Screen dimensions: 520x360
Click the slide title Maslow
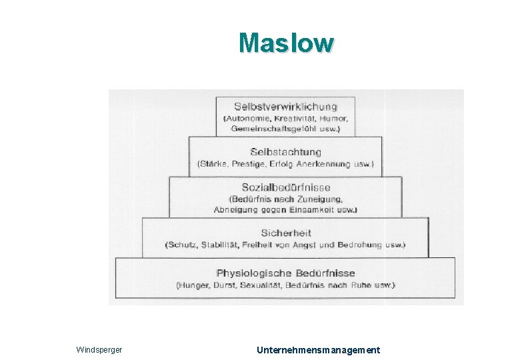click(x=286, y=43)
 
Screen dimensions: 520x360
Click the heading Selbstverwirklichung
click(x=285, y=106)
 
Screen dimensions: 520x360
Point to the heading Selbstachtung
click(x=285, y=152)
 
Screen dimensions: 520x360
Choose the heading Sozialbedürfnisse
click(x=285, y=187)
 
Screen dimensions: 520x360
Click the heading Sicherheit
click(x=285, y=233)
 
